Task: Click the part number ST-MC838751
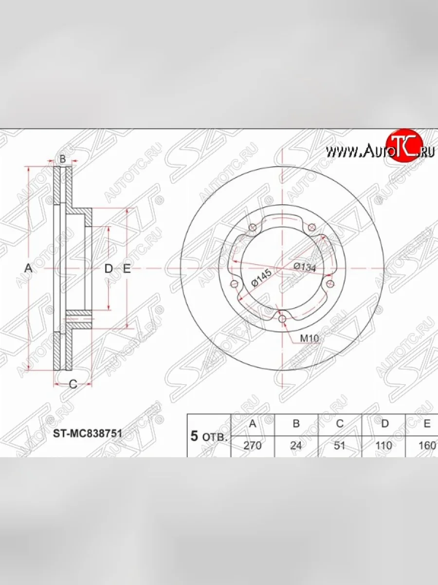coord(87,432)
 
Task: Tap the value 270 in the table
coord(252,446)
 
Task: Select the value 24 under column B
coord(296,446)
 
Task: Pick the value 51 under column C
coord(340,446)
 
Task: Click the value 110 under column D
coord(384,446)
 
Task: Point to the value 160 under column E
coord(427,446)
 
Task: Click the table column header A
coord(252,424)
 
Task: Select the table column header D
coord(384,424)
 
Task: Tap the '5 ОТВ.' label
coord(209,436)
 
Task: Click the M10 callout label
coord(309,338)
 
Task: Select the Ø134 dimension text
coord(305,266)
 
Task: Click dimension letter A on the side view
coord(28,268)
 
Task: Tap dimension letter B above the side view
coord(62,159)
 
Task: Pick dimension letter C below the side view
coord(73,384)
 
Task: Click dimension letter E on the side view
coord(127,268)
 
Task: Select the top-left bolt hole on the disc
coord(252,228)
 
